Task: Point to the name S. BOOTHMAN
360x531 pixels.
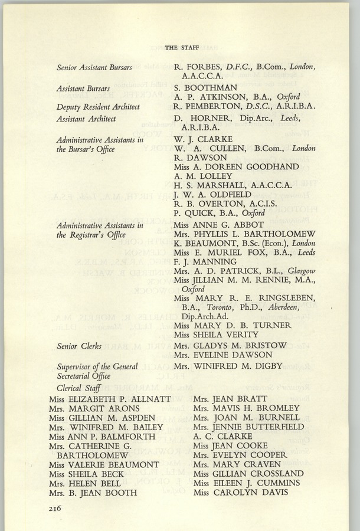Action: (x=206, y=87)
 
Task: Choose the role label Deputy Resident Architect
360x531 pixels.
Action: (x=97, y=107)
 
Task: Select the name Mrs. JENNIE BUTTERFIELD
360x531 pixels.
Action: (x=248, y=427)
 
